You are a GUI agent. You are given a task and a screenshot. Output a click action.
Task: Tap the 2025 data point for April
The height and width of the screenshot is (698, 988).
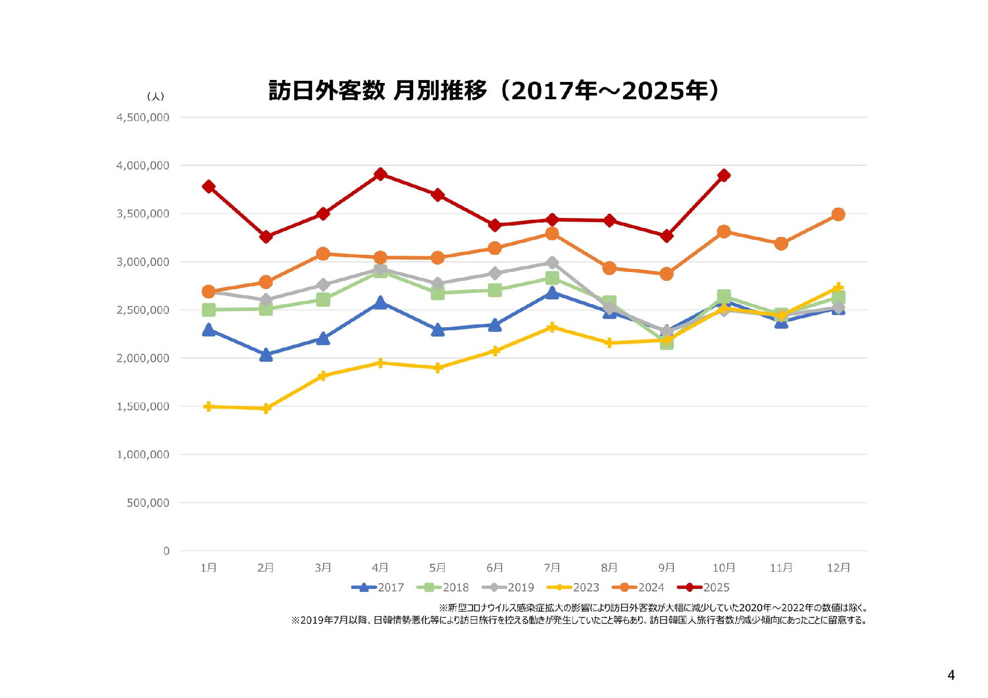tap(380, 174)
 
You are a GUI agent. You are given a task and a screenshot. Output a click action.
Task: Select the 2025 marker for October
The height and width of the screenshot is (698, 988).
tap(724, 175)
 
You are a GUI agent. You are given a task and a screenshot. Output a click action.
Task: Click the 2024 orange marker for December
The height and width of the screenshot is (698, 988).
tap(838, 214)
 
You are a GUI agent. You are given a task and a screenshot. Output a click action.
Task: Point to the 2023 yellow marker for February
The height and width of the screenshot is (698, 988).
tap(266, 408)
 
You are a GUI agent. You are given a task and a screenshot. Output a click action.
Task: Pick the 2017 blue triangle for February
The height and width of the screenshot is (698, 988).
tap(266, 355)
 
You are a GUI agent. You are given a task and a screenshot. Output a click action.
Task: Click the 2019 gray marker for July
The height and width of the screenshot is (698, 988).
tap(552, 263)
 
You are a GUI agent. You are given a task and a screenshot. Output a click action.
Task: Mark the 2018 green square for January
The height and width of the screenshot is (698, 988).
tap(208, 310)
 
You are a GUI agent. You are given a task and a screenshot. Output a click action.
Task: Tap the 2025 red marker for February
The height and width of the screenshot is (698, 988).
tap(266, 236)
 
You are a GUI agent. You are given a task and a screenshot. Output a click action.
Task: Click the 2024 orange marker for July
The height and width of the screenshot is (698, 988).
tap(552, 233)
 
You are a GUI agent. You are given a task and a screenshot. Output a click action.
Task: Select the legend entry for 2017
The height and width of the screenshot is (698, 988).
tap(378, 587)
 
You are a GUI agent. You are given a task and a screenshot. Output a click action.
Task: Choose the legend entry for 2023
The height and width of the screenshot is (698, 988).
tap(574, 587)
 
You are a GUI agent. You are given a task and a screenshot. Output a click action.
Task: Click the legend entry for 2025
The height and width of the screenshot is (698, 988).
tap(703, 587)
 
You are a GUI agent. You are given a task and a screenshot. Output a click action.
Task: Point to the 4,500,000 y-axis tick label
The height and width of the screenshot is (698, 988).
tap(143, 117)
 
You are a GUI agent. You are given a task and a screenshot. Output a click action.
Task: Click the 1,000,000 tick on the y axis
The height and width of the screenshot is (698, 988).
tap(143, 455)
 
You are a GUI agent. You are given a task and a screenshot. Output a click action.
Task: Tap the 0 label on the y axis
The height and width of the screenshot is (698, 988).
tap(166, 551)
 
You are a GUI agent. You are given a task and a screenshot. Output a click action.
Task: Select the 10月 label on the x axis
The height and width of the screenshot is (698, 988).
tap(724, 568)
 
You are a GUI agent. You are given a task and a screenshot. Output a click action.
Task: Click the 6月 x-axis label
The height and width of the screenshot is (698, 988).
tap(494, 568)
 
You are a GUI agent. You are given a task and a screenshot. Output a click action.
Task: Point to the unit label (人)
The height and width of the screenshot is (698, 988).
tap(156, 96)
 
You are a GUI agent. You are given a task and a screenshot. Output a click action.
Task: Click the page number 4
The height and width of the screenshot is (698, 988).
tap(951, 675)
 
